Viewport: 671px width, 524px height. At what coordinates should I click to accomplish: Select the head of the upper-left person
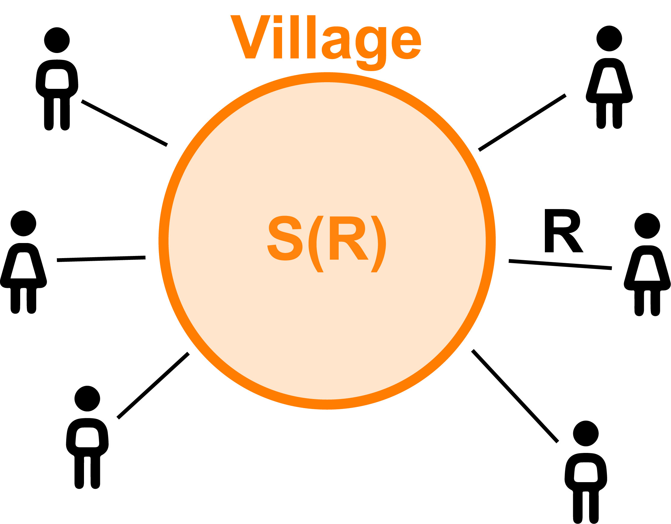[x=57, y=40]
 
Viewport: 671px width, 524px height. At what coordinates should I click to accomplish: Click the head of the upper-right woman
[x=609, y=39]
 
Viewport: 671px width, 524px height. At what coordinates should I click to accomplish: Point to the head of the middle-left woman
[x=23, y=223]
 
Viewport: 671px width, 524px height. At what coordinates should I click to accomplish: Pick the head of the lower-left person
[x=87, y=399]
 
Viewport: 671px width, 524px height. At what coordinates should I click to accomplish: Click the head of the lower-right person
[x=586, y=434]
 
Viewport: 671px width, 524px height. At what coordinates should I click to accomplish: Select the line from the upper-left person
[x=124, y=123]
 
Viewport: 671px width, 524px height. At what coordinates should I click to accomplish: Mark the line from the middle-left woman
[x=101, y=259]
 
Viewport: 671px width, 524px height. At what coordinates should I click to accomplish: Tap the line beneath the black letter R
[x=561, y=265]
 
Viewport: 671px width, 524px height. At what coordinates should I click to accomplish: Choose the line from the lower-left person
[x=153, y=386]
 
